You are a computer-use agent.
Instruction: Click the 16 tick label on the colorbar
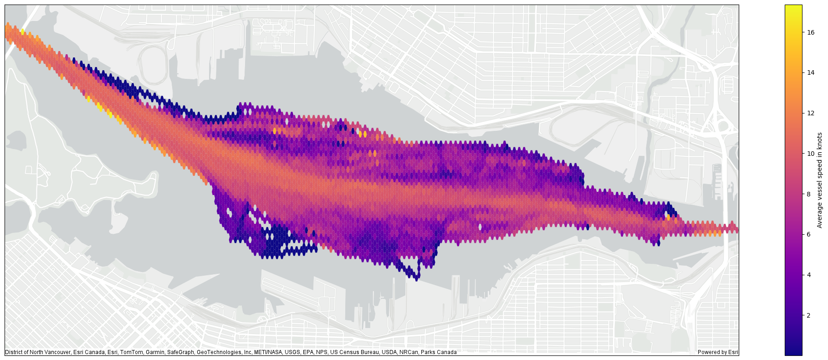click(x=810, y=32)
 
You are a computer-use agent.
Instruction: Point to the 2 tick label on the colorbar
click(x=808, y=315)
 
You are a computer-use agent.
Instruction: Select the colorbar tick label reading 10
click(x=810, y=154)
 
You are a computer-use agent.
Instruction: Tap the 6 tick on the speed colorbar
click(x=808, y=234)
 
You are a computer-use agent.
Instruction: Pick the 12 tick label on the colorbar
click(x=810, y=113)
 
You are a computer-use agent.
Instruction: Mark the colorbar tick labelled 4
click(x=808, y=275)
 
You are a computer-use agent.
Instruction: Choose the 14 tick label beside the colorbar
click(x=810, y=73)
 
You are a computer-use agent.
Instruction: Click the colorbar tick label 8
click(x=808, y=194)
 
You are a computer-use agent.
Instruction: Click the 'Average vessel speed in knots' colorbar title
click(x=819, y=180)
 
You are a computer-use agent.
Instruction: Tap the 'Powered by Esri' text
click(x=717, y=352)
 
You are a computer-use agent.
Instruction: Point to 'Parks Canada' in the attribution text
click(x=439, y=352)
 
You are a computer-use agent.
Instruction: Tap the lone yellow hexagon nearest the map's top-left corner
click(x=22, y=31)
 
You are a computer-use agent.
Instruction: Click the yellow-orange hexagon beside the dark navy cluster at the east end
click(x=668, y=218)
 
